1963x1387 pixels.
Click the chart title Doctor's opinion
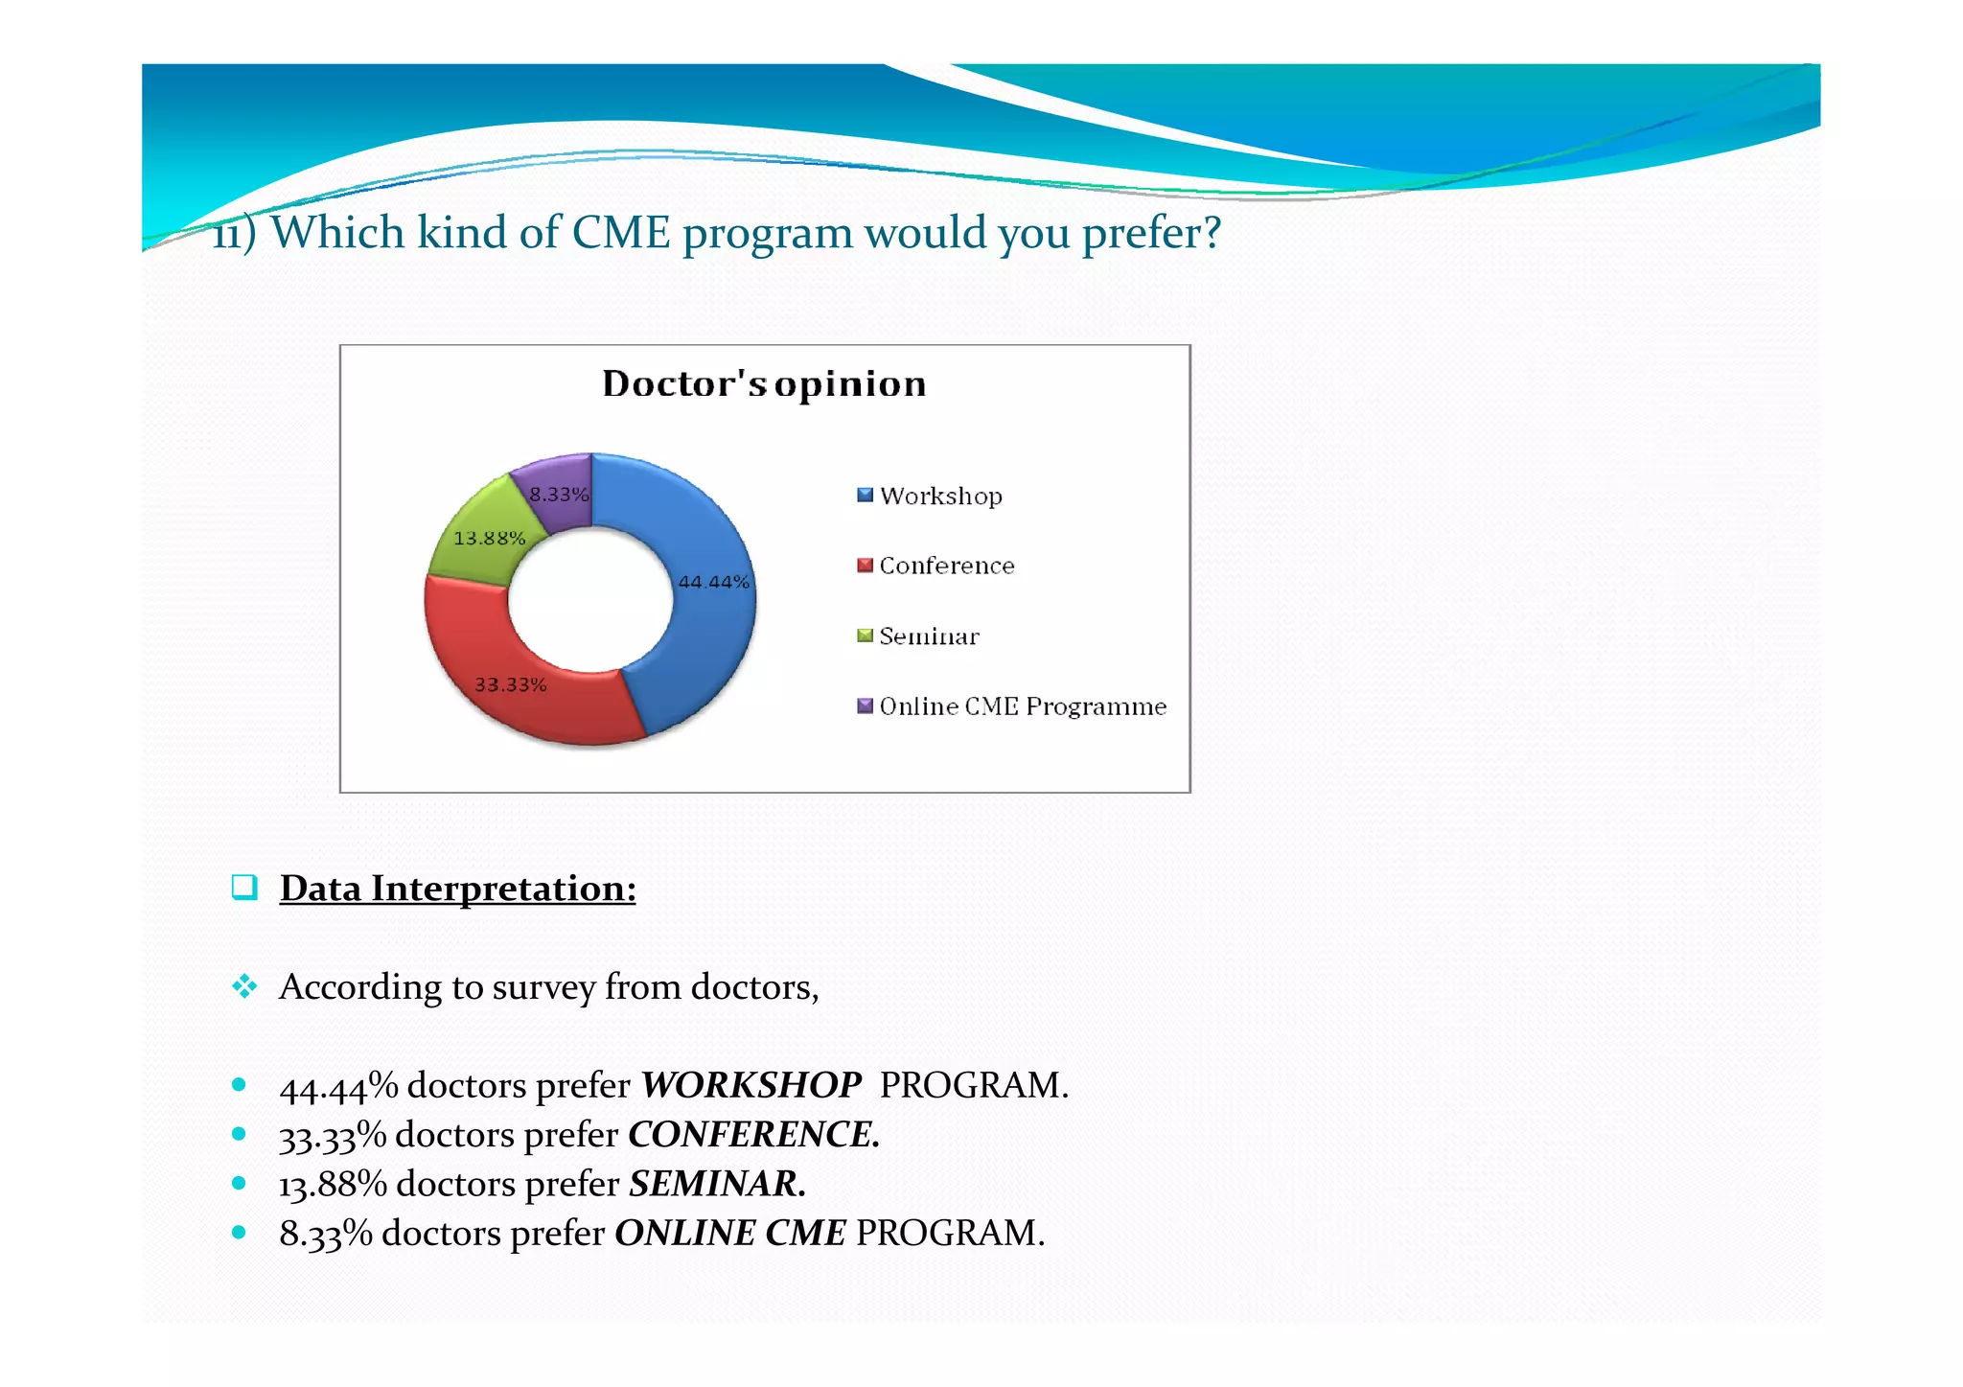[764, 383]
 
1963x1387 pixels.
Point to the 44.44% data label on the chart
[714, 582]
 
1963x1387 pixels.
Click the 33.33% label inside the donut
[511, 684]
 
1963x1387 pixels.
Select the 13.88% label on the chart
[489, 538]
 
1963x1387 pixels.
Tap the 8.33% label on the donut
[559, 495]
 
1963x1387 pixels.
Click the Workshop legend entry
[940, 496]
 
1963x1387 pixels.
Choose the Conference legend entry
[946, 566]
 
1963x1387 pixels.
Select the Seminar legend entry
[929, 636]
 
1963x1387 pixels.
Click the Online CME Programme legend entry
[1023, 706]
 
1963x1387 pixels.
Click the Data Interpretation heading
[457, 889]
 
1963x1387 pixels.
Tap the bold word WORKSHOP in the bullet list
[751, 1085]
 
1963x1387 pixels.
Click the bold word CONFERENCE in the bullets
[753, 1134]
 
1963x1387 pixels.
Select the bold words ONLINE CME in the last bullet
[730, 1233]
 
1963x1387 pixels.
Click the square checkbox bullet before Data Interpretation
[244, 887]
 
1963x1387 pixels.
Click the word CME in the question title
[621, 232]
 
